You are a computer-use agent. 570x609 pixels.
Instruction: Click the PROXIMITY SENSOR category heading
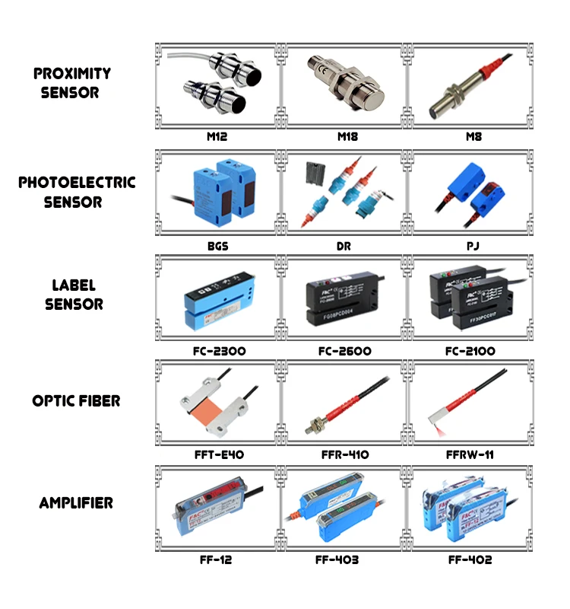(x=72, y=83)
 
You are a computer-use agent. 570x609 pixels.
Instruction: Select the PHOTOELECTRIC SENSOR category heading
(x=77, y=192)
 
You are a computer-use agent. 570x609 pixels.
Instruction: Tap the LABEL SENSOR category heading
(x=73, y=295)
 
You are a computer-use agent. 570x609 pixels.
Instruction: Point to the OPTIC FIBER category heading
(x=76, y=400)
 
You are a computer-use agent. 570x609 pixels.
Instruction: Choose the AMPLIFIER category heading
(x=76, y=503)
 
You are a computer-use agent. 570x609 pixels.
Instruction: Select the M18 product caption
(x=347, y=137)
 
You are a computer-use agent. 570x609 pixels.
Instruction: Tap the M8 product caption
(x=473, y=137)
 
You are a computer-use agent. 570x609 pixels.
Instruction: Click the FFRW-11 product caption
(x=471, y=454)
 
